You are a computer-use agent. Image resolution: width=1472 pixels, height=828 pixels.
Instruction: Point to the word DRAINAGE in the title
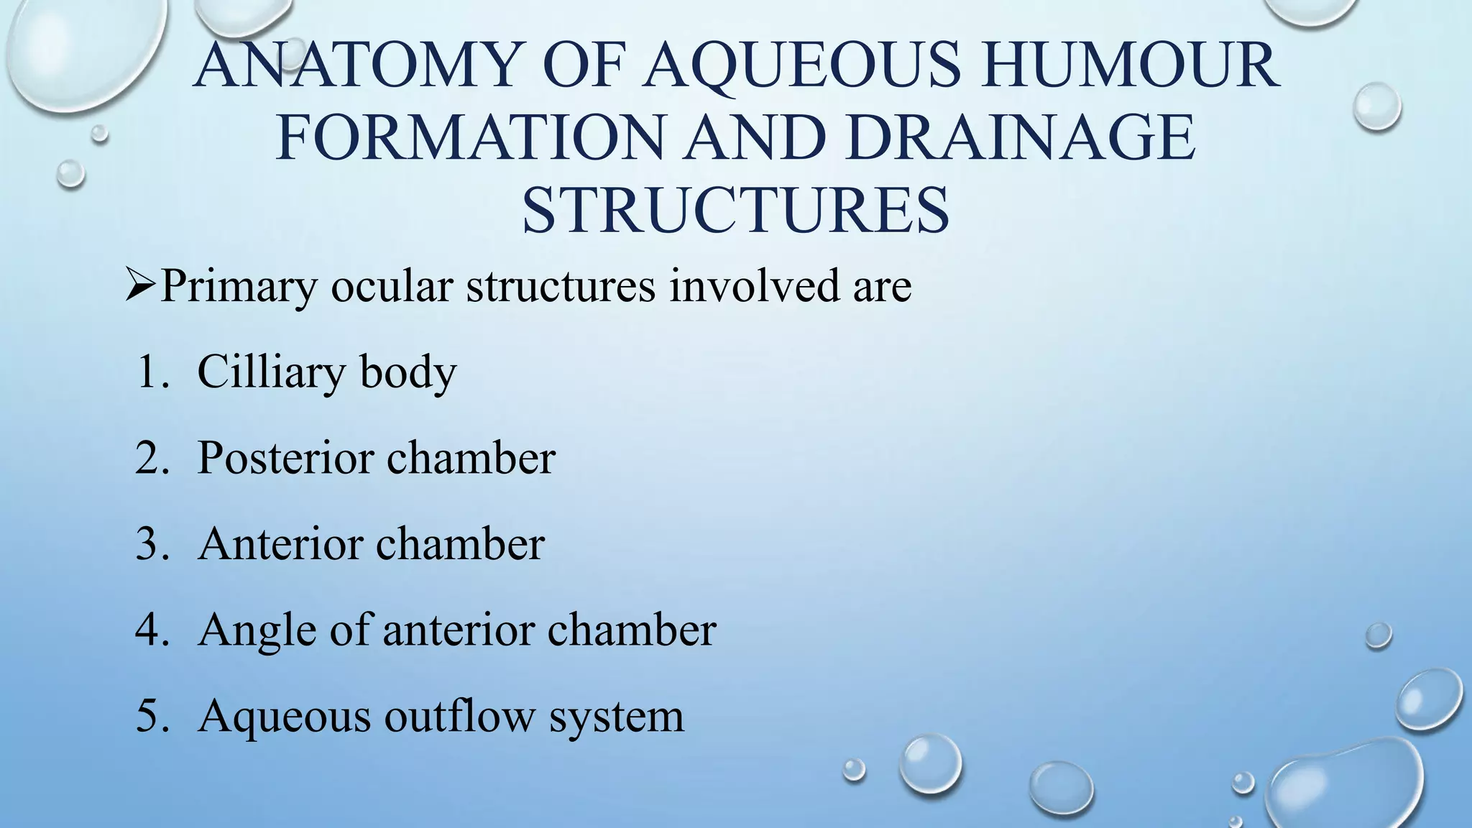pyautogui.click(x=1021, y=138)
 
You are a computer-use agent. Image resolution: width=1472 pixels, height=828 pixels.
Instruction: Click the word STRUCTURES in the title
pyautogui.click(x=735, y=211)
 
